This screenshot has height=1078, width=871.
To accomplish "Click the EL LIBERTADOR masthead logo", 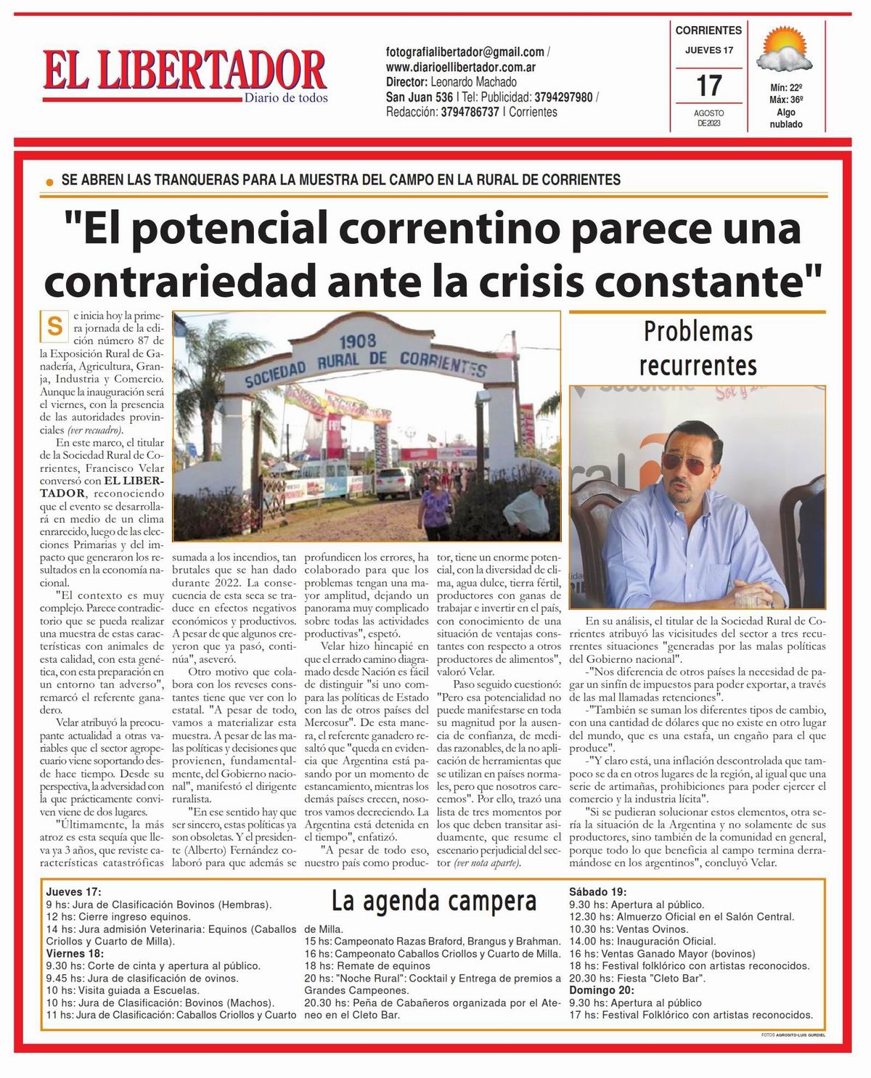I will pyautogui.click(x=185, y=75).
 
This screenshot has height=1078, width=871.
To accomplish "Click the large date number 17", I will pyautogui.click(x=708, y=86).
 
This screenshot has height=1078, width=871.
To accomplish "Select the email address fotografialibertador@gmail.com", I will pyautogui.click(x=465, y=52).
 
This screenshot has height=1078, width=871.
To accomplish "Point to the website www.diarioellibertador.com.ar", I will pyautogui.click(x=461, y=67).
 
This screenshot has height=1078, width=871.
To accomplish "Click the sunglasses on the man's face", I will pyautogui.click(x=688, y=465).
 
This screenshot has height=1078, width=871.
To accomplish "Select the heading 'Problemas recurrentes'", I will pyautogui.click(x=698, y=348).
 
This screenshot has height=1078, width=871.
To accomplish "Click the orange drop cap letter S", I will pyautogui.click(x=54, y=326).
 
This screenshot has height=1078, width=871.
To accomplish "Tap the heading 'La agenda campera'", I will pyautogui.click(x=433, y=901).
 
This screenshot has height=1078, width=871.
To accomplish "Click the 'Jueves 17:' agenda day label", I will pyautogui.click(x=73, y=892).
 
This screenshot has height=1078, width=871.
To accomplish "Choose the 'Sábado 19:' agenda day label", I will pyautogui.click(x=598, y=892).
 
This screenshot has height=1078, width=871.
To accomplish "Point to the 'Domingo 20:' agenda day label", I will pyautogui.click(x=602, y=990).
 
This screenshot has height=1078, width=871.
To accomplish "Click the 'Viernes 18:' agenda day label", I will pyautogui.click(x=75, y=953).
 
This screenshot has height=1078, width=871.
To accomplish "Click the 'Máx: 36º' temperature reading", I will pyautogui.click(x=786, y=99).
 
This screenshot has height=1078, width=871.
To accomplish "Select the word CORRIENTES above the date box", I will pyautogui.click(x=708, y=30).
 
